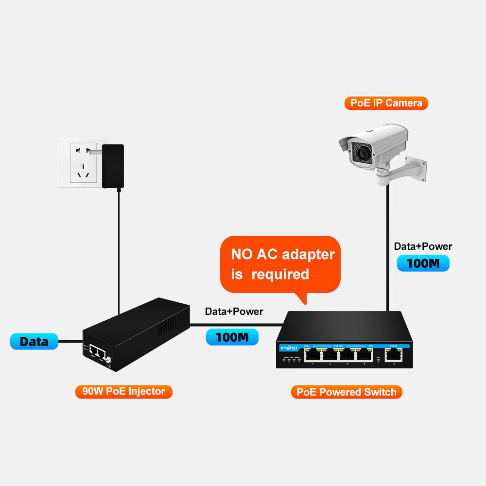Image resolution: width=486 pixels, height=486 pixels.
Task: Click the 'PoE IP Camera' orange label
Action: pyautogui.click(x=386, y=103)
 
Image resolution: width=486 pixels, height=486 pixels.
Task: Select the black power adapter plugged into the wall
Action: pyautogui.click(x=113, y=166)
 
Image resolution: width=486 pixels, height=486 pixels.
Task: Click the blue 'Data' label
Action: pyautogui.click(x=34, y=341)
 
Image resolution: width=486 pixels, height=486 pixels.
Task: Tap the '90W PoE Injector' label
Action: pyautogui.click(x=123, y=391)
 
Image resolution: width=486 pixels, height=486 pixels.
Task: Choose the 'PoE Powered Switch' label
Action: pyautogui.click(x=347, y=392)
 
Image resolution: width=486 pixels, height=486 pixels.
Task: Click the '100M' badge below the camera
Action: pyautogui.click(x=423, y=263)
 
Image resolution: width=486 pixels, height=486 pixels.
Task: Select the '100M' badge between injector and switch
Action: pyautogui.click(x=232, y=337)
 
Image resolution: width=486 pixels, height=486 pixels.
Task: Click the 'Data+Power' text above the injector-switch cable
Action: pyautogui.click(x=234, y=312)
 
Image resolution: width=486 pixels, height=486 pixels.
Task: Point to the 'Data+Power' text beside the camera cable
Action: pyautogui.click(x=423, y=246)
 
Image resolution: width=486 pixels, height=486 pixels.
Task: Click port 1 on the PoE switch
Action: pyautogui.click(x=312, y=355)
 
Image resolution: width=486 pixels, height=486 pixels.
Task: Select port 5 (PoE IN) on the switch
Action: pyautogui.click(x=394, y=355)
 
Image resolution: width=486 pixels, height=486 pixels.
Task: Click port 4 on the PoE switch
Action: pyautogui.click(x=364, y=355)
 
